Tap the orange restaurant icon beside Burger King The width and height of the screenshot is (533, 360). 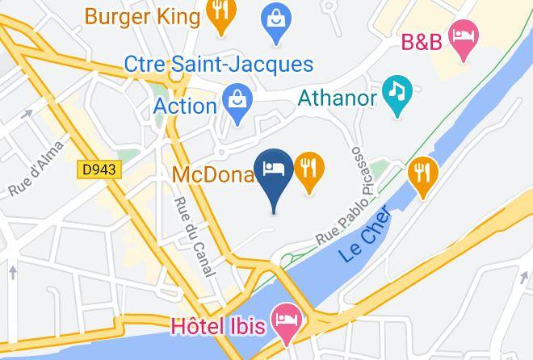coord(220,15)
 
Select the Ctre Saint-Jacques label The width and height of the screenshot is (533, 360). coord(218,64)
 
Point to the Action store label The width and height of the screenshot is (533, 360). coord(184,106)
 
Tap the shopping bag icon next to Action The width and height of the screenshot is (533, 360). coord(238,104)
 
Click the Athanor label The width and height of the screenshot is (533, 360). coord(338,98)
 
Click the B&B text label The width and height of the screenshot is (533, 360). coord(422,41)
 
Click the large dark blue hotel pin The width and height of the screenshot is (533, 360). coord(274,173)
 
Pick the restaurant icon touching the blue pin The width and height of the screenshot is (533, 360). coord(309,170)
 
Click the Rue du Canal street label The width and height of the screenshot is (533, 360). coord(194,237)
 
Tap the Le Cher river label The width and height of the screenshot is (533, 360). coord(366,233)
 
